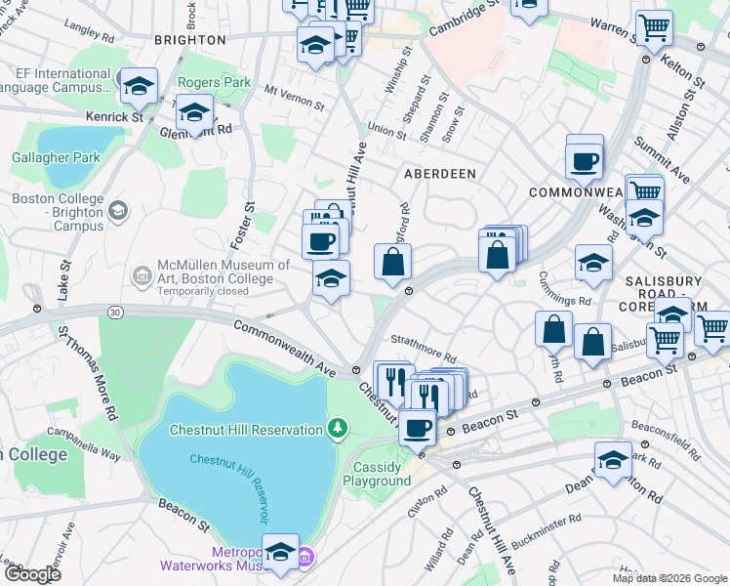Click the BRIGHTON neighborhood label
(x=190, y=40)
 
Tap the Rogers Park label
(x=214, y=83)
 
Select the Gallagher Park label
(x=56, y=157)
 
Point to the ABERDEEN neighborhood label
(x=440, y=173)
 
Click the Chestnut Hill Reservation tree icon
(x=337, y=428)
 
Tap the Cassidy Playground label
(x=377, y=474)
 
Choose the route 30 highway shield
(x=115, y=312)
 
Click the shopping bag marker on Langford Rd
(x=392, y=262)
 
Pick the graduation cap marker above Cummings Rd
(x=592, y=262)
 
